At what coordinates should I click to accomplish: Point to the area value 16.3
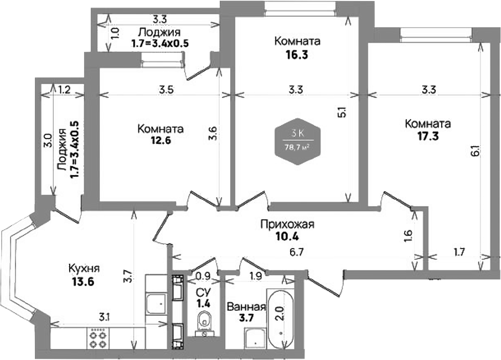pyautogui.click(x=296, y=55)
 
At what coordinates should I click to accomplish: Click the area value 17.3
pyautogui.click(x=426, y=136)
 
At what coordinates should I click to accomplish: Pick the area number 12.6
pyautogui.click(x=160, y=141)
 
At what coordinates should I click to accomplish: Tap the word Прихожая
pyautogui.click(x=287, y=224)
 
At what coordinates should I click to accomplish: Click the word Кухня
pyautogui.click(x=84, y=268)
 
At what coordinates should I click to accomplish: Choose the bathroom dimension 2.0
pyautogui.click(x=280, y=315)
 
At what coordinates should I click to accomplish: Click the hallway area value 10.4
pyautogui.click(x=287, y=237)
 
